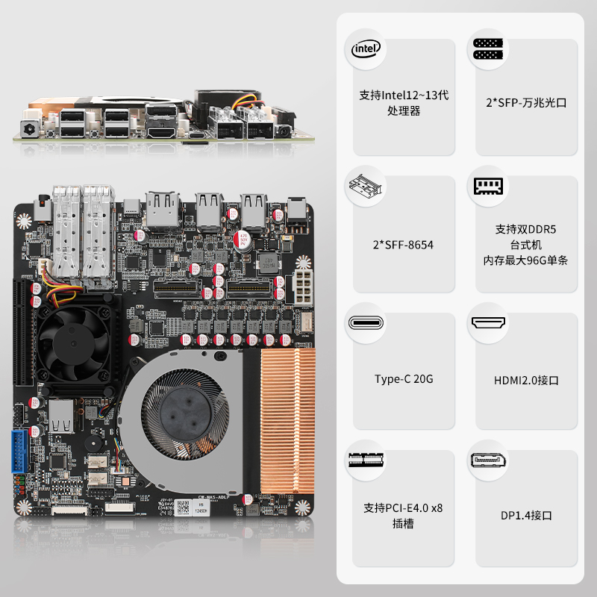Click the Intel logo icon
coord(366,49)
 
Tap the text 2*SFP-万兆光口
coord(526,103)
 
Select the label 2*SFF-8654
coord(403,245)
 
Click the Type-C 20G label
coord(404,379)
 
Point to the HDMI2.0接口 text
coord(526,380)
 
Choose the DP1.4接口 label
coord(526,515)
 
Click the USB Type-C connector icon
coord(366,323)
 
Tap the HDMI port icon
coord(488,323)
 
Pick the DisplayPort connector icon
coord(488,460)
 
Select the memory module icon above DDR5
coord(488,186)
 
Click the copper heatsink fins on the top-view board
coord(288,421)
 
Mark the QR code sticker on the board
coord(184,507)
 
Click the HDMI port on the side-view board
coord(161,132)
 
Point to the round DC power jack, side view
coord(29,128)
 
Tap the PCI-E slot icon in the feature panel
coord(366,460)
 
